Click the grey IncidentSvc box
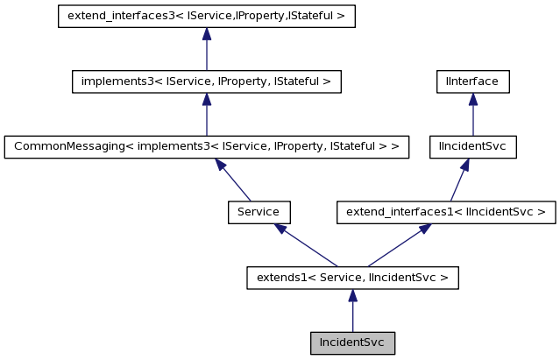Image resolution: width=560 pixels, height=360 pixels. pos(352,342)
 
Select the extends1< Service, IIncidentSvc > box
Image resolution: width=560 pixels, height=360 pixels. pos(352,278)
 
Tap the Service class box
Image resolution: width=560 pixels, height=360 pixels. pos(259,212)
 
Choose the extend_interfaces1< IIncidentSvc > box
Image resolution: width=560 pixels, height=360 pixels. pos(446,212)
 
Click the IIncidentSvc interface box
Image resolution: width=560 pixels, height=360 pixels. pos(473,146)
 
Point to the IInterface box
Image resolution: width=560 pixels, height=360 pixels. pos(473,81)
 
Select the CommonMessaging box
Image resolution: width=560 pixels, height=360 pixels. pos(206,146)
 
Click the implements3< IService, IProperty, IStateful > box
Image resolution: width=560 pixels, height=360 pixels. pos(206,81)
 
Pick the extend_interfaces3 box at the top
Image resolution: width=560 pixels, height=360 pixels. pos(206,16)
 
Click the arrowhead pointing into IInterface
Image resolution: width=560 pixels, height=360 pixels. pos(473,99)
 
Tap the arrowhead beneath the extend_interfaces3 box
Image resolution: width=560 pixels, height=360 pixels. pos(206,34)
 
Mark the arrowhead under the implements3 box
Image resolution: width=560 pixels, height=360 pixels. pos(206,99)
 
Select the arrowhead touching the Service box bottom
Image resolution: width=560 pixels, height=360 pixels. pos(280,229)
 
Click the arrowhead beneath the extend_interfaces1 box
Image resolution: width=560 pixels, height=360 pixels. pos(424,229)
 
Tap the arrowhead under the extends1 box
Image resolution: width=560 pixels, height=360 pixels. pos(352,295)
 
